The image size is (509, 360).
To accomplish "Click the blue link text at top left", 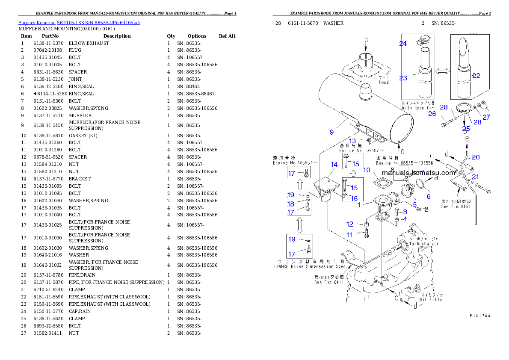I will tap(79, 22).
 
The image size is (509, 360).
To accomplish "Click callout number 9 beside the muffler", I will tap(331, 132).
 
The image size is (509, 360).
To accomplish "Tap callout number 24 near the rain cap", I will tap(403, 43).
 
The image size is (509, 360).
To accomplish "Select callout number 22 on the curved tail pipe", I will tap(476, 76).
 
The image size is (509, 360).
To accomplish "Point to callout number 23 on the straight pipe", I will tap(403, 78).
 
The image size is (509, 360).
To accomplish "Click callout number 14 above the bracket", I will tap(334, 164).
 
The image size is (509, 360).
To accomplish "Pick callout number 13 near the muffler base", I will tap(352, 141).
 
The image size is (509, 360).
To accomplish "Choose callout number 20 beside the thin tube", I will tap(476, 157).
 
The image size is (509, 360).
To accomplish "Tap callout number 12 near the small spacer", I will tap(350, 224).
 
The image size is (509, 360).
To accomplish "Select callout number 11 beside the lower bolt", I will tap(350, 235).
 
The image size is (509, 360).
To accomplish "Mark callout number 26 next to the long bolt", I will tap(432, 114).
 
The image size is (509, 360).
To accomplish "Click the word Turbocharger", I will tap(424, 244).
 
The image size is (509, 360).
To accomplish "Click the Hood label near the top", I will tap(384, 82).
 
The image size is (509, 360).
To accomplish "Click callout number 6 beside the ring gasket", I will tap(428, 196).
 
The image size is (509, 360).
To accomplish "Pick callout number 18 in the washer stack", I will tap(291, 204).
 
